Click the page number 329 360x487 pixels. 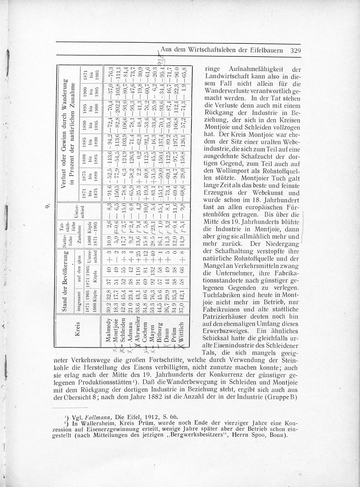(x=295, y=50)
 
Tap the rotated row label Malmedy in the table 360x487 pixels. (x=109, y=329)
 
